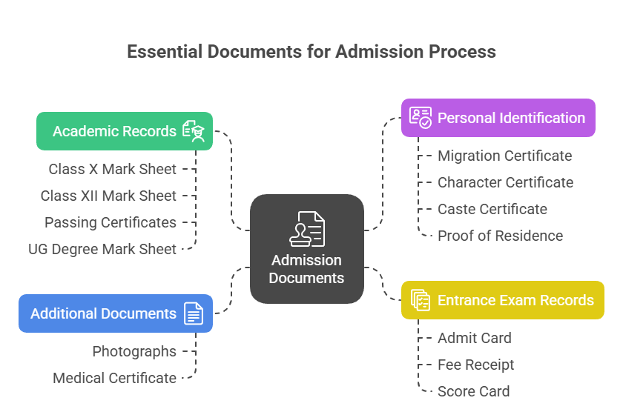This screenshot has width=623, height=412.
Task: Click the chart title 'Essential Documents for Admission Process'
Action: click(311, 52)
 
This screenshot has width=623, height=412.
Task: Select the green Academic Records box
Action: click(125, 131)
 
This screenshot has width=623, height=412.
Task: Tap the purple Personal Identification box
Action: click(498, 118)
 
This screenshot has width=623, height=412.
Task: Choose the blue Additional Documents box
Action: click(116, 313)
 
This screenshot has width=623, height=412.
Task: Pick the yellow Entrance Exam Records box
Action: click(503, 300)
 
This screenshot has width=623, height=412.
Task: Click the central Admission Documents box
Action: click(306, 249)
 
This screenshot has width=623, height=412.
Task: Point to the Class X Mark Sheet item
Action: click(113, 169)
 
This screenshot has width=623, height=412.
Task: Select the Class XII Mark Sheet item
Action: click(108, 196)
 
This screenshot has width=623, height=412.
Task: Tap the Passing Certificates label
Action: click(111, 222)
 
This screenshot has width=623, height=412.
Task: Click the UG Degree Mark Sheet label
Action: click(102, 249)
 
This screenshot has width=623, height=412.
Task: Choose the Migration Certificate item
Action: click(504, 156)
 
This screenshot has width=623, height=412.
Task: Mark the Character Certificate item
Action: click(505, 182)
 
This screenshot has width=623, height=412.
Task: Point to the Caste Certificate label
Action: click(492, 209)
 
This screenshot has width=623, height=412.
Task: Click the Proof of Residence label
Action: click(500, 236)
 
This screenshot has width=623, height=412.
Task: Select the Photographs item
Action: click(134, 351)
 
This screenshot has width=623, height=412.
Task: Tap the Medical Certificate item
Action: click(114, 378)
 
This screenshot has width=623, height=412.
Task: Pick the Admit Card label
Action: click(475, 338)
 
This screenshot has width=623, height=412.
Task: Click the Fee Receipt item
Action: click(475, 365)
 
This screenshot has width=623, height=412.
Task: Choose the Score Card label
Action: click(473, 391)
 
